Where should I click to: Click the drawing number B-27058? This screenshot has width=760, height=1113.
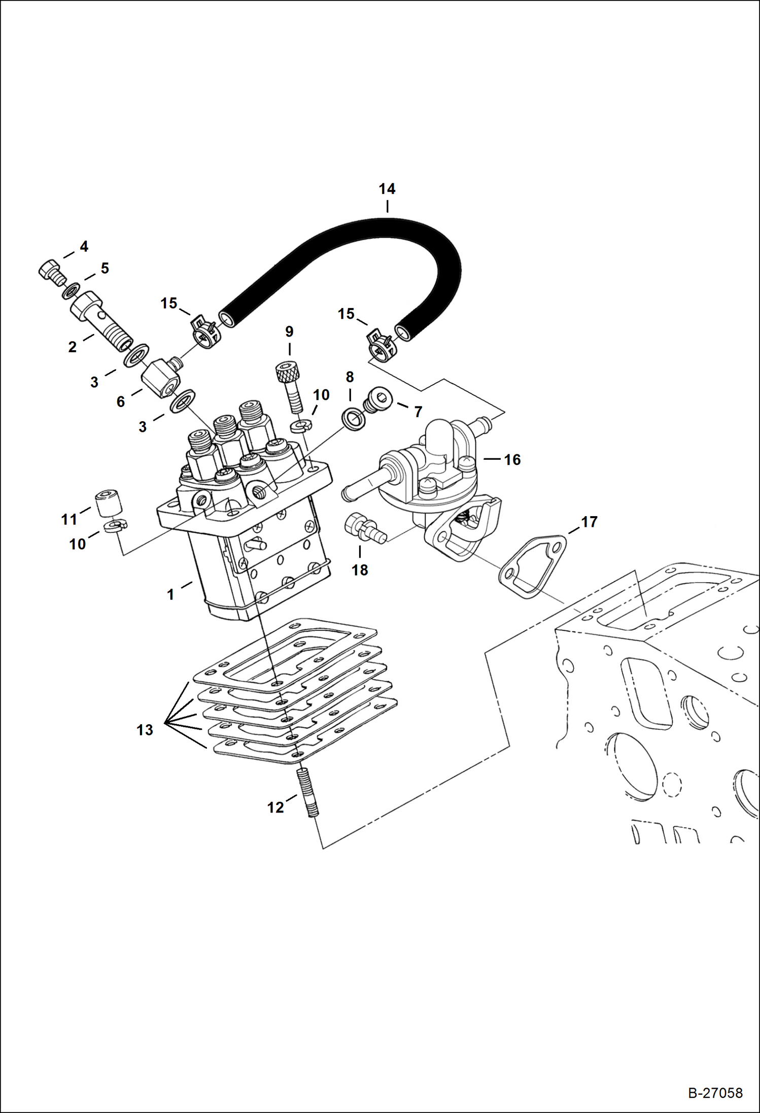point(715,1093)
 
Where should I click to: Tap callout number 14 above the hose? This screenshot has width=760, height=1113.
point(387,189)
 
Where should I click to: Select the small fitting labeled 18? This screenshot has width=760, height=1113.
point(364,529)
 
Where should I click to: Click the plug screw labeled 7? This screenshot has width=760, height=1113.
point(378,399)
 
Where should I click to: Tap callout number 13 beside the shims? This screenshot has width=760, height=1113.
point(145,730)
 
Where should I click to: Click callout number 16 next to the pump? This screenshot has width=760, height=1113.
point(512,460)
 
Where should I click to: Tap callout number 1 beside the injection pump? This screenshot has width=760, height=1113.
point(170,594)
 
